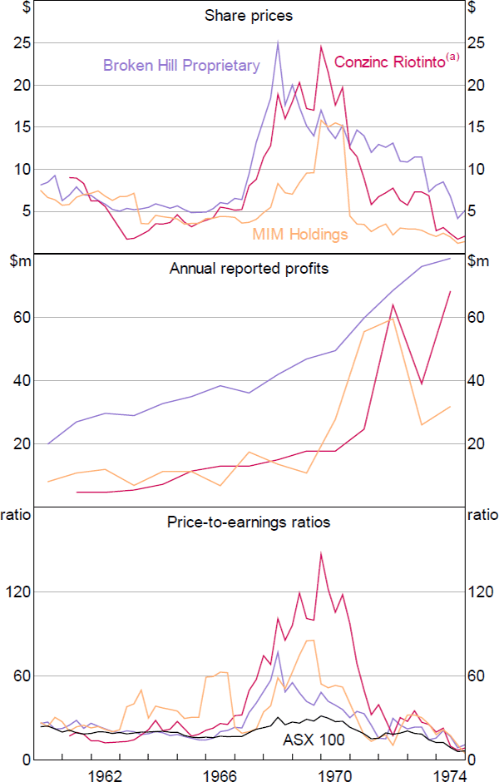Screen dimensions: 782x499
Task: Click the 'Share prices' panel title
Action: pyautogui.click(x=249, y=16)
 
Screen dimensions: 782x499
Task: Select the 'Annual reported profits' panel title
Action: pyautogui.click(x=249, y=269)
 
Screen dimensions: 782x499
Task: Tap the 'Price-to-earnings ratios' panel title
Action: pyautogui.click(x=249, y=522)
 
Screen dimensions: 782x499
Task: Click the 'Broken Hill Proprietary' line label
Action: pyautogui.click(x=181, y=65)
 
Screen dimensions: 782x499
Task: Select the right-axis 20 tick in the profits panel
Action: pyautogui.click(x=475, y=443)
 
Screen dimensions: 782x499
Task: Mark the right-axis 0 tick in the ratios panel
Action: pyautogui.click(x=472, y=760)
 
